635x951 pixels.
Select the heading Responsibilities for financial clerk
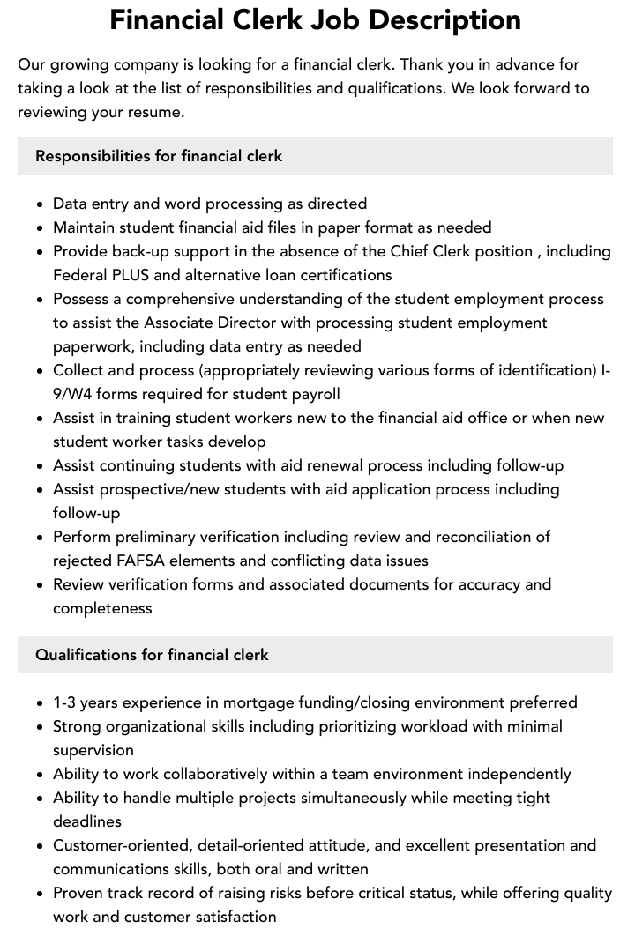(x=159, y=156)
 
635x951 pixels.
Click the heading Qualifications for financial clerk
(x=152, y=655)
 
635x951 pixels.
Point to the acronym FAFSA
(x=138, y=561)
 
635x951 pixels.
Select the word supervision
(x=93, y=750)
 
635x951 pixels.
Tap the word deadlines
(x=87, y=821)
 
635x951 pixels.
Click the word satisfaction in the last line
(x=234, y=917)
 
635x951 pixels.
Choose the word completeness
(x=102, y=608)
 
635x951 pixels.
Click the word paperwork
(x=93, y=346)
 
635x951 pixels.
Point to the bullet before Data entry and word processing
(x=41, y=204)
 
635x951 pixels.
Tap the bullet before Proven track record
(x=41, y=894)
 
